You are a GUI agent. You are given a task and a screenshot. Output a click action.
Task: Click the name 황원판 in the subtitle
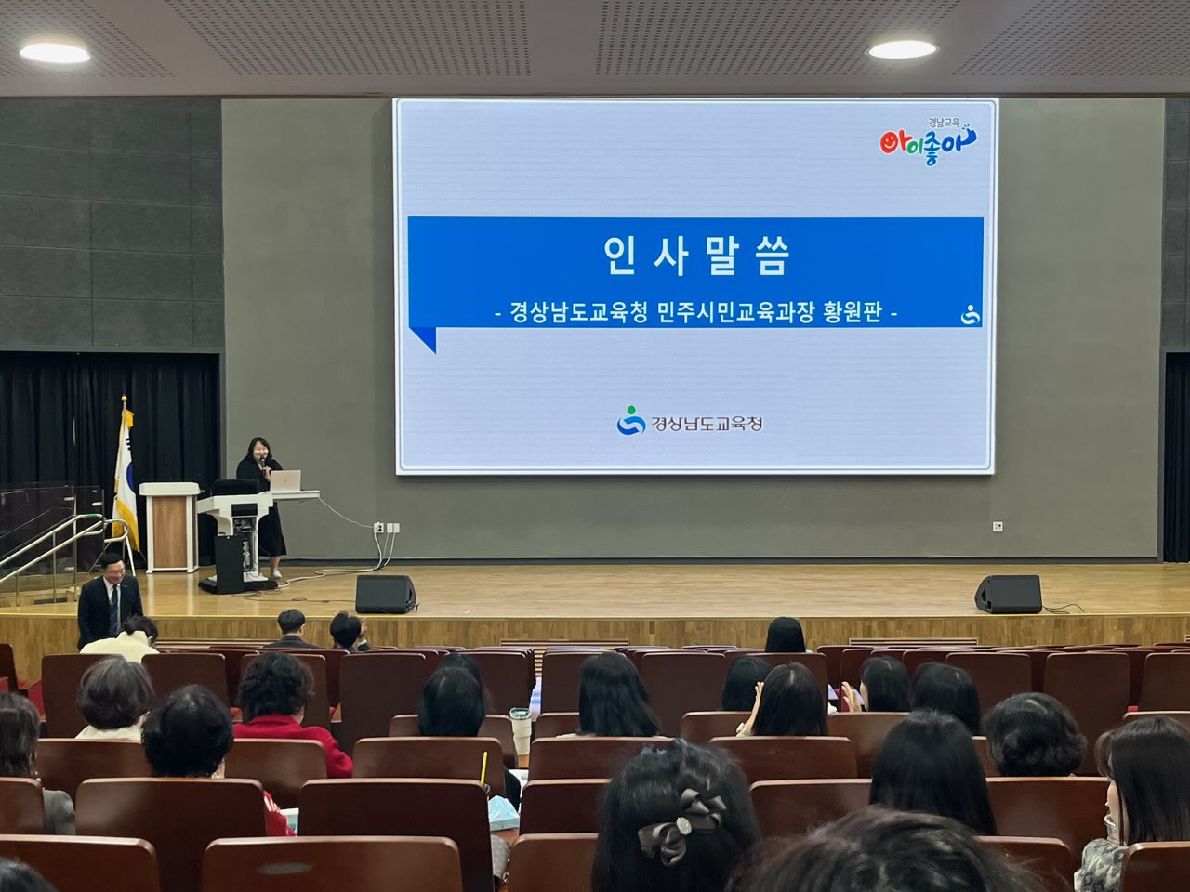[850, 314]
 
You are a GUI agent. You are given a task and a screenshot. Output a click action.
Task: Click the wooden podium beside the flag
[168, 525]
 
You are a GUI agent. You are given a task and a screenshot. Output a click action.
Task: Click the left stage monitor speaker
[385, 594]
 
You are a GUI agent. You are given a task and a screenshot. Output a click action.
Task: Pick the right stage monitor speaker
[1008, 595]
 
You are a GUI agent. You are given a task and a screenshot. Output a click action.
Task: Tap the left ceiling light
[55, 53]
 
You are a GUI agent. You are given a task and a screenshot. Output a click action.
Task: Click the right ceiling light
[901, 49]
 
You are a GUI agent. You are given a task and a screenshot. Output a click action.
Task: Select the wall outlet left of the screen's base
[378, 528]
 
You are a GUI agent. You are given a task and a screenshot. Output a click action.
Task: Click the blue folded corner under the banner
[423, 339]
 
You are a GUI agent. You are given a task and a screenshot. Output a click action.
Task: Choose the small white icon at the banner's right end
[971, 316]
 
